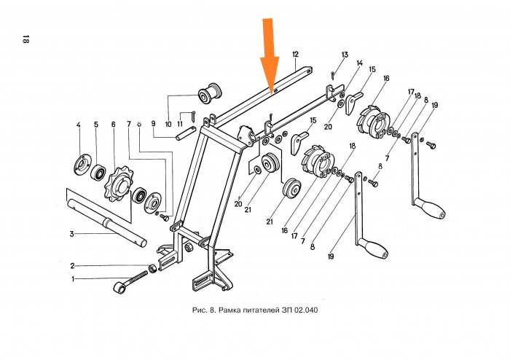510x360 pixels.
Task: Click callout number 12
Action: (295, 55)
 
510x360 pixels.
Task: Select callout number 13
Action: (345, 55)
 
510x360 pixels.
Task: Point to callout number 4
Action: (78, 125)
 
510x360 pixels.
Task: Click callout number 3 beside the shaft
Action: (71, 234)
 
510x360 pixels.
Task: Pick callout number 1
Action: (73, 278)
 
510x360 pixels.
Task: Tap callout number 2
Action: (73, 265)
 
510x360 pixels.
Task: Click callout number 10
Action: (168, 124)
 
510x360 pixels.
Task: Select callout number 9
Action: (154, 124)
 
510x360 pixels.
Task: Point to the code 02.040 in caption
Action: (305, 310)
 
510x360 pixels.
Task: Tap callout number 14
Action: (359, 63)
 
